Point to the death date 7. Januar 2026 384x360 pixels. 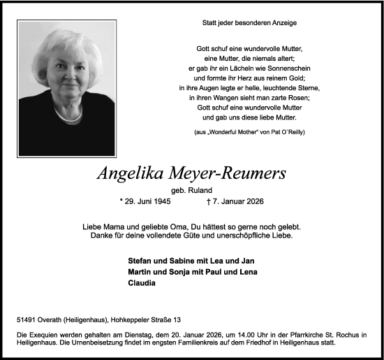(x=237, y=202)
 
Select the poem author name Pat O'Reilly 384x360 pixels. (x=285, y=132)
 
